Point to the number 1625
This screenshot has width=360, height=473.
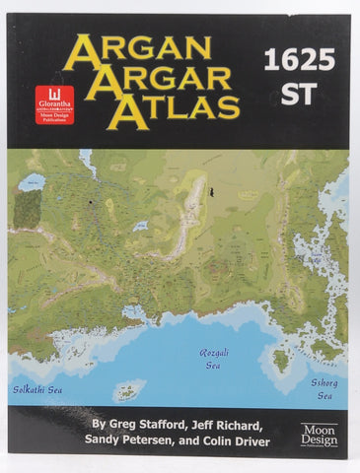coord(298,61)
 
